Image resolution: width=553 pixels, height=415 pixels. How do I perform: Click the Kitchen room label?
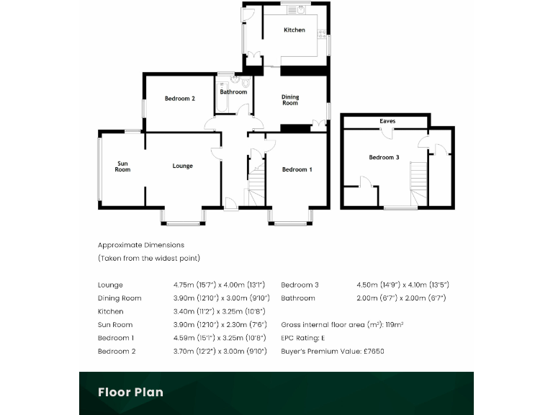pyautogui.click(x=294, y=30)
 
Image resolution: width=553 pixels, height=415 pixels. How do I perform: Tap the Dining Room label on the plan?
pyautogui.click(x=289, y=100)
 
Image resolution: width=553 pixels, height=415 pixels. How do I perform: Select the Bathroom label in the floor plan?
pyautogui.click(x=233, y=92)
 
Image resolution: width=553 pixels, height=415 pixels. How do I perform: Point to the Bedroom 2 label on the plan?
pyautogui.click(x=179, y=99)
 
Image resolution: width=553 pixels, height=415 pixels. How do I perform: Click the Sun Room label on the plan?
pyautogui.click(x=123, y=166)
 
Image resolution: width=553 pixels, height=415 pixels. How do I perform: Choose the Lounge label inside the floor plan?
pyautogui.click(x=182, y=166)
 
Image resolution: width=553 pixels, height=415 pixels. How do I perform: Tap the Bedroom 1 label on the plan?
pyautogui.click(x=297, y=170)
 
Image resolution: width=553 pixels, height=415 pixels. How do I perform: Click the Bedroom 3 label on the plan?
pyautogui.click(x=384, y=157)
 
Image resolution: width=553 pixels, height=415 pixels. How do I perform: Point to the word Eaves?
pyautogui.click(x=387, y=122)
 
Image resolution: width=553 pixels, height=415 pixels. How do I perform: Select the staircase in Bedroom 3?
pyautogui.click(x=418, y=184)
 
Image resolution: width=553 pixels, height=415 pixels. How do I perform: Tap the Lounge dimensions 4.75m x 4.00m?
pyautogui.click(x=220, y=285)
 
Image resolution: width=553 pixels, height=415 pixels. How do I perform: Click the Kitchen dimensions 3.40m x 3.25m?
pyautogui.click(x=220, y=311)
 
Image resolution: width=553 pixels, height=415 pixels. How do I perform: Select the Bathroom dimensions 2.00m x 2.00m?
pyautogui.click(x=402, y=298)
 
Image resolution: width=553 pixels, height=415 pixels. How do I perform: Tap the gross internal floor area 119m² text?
pyautogui.click(x=342, y=325)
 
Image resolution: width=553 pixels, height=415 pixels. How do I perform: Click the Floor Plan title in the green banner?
pyautogui.click(x=130, y=392)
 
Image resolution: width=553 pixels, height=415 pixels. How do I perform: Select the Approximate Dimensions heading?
pyautogui.click(x=141, y=245)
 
